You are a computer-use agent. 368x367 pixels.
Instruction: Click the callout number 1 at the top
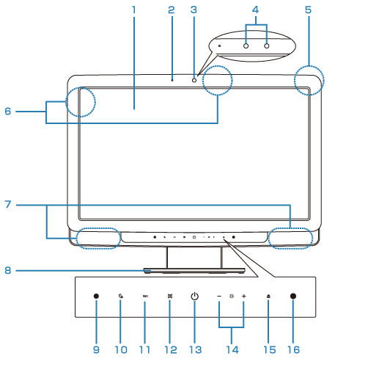(x=133, y=10)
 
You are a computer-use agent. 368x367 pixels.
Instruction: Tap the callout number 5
(x=308, y=10)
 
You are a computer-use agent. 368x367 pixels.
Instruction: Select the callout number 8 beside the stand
(x=8, y=270)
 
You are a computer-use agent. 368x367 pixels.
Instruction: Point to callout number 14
(x=232, y=349)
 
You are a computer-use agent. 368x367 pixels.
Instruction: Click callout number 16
(x=293, y=349)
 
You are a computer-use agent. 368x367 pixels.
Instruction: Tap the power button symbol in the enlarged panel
(x=194, y=296)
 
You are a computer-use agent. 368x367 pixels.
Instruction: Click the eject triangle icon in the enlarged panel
(x=268, y=297)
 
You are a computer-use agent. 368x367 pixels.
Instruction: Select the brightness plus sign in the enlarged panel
(x=243, y=296)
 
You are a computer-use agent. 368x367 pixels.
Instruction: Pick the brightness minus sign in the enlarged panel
(x=219, y=296)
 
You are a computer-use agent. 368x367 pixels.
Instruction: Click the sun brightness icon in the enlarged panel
(x=232, y=296)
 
